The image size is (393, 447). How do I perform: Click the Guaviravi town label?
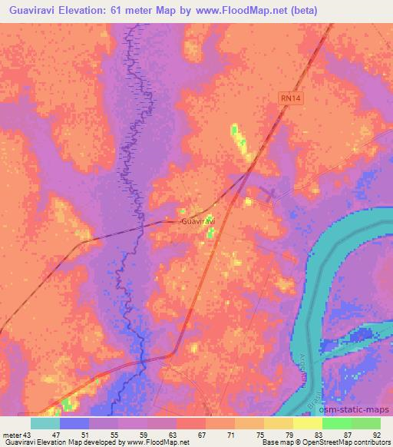coord(198,221)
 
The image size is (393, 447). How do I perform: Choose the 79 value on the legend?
coord(288,435)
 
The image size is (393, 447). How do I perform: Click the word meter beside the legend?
coord(12,435)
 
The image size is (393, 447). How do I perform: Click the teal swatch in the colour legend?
coord(45,423)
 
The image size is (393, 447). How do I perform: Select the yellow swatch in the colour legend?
coord(307,423)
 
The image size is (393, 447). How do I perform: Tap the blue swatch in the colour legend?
coord(74,423)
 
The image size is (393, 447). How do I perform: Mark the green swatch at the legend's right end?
coord(365,423)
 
